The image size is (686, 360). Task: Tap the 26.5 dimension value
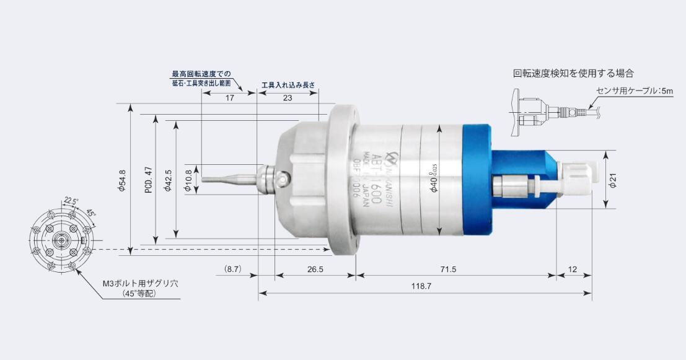click(x=315, y=270)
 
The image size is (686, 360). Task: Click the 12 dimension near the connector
click(x=572, y=270)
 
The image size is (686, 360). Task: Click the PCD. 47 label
click(x=148, y=180)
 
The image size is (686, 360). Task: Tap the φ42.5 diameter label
click(x=168, y=180)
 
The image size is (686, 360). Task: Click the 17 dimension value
click(x=229, y=98)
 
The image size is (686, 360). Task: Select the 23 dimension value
click(x=287, y=98)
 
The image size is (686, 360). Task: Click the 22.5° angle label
click(x=71, y=201)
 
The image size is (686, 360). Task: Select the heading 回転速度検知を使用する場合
click(x=573, y=73)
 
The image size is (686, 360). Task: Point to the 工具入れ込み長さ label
click(x=288, y=84)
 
